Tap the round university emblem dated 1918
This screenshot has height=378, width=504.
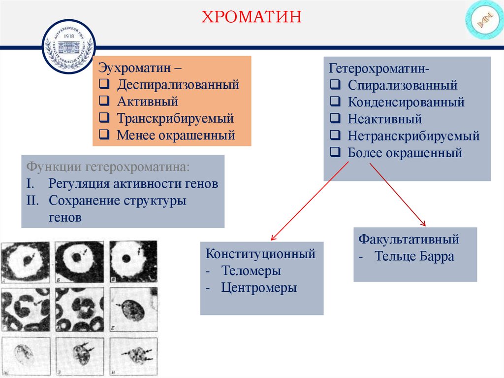click(68, 48)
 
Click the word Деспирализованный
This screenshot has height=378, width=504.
click(178, 85)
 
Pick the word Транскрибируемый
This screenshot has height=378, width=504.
click(175, 118)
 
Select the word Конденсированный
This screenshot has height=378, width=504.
click(406, 102)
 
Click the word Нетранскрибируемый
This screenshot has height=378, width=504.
click(413, 136)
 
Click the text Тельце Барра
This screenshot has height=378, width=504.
click(414, 257)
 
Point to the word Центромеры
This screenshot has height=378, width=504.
click(259, 287)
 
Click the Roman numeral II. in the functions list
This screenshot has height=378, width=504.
click(33, 201)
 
